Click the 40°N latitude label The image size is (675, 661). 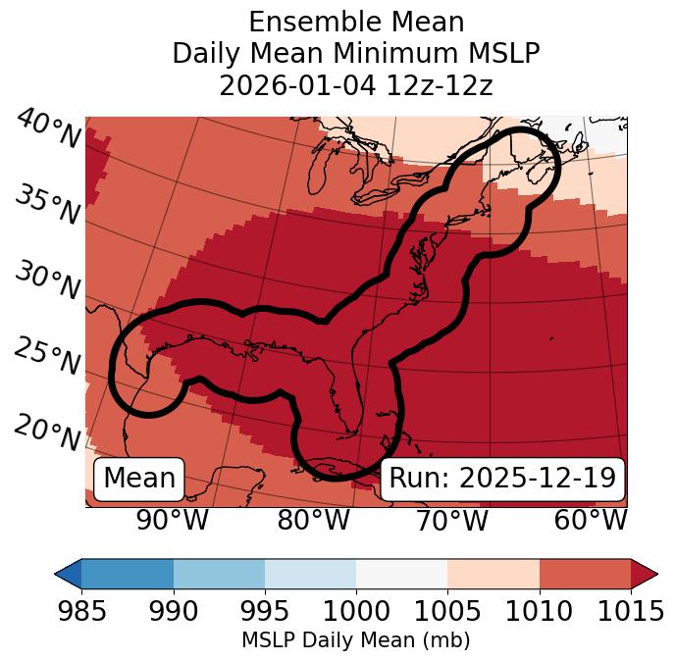[x=47, y=129]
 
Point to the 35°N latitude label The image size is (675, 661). [x=47, y=205]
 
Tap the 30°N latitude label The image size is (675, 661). [x=47, y=281]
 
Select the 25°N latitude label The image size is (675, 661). [x=47, y=357]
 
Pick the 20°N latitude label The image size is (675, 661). [x=47, y=432]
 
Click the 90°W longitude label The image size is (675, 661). [x=173, y=521]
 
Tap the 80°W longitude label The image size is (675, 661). [x=314, y=521]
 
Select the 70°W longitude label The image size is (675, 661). [x=451, y=521]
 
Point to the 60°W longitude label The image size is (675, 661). [x=591, y=521]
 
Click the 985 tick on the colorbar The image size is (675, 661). [x=81, y=611]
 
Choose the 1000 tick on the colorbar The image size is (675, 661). [x=356, y=611]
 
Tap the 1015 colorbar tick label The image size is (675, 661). [x=630, y=611]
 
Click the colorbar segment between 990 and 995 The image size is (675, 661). [x=219, y=573]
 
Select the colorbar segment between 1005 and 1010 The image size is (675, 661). [x=493, y=573]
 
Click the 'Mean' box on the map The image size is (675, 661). [x=139, y=479]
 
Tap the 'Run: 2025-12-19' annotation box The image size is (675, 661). [x=502, y=479]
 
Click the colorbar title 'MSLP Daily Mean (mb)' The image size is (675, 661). [x=356, y=640]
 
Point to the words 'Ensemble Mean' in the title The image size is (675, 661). [x=356, y=22]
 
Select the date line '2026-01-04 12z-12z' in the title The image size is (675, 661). [x=356, y=85]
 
